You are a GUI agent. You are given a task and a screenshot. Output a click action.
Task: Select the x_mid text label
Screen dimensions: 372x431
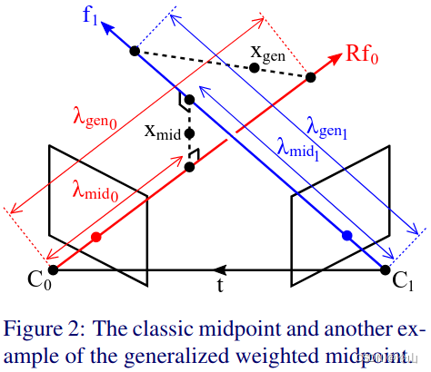pos(164,131)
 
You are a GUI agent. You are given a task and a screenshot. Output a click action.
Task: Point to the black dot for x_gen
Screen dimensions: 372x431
pos(255,68)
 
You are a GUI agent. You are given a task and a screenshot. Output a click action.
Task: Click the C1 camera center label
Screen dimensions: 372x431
pos(404,279)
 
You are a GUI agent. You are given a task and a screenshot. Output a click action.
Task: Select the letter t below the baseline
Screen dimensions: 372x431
pos(220,284)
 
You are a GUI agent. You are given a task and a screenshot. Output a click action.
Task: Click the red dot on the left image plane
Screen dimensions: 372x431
pos(97,237)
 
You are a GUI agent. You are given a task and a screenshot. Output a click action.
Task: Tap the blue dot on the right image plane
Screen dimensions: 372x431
pos(346,237)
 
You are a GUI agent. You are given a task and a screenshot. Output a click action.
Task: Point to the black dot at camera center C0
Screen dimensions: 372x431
pos(54,269)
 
